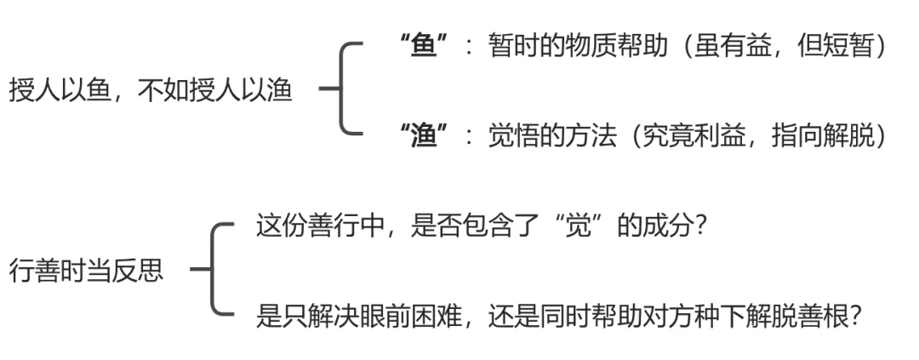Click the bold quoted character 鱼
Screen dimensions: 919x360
[x=424, y=46]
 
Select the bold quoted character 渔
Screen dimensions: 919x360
[x=424, y=135]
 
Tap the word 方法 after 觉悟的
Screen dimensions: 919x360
[x=590, y=135]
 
